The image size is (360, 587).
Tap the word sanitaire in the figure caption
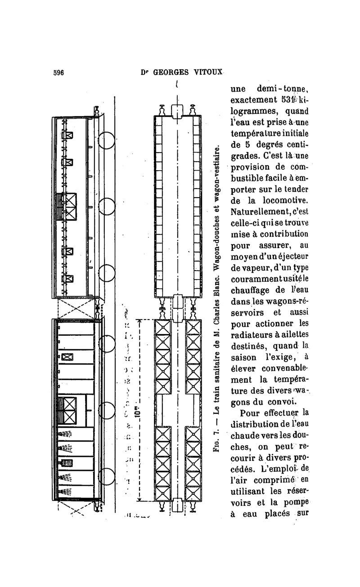click(x=216, y=376)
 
